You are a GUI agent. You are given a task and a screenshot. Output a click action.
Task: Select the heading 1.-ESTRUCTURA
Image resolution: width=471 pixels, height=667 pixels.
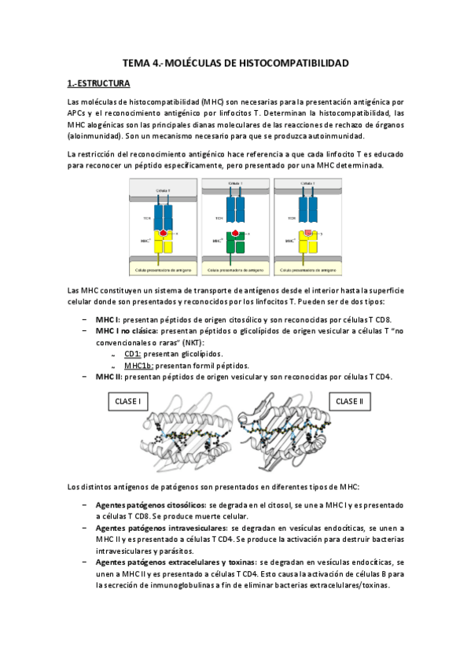click(x=98, y=83)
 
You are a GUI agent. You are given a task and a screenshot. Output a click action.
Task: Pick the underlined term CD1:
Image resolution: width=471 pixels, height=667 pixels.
click(x=134, y=354)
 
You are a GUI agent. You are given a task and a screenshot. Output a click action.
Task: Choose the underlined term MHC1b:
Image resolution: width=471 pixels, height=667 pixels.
click(x=138, y=365)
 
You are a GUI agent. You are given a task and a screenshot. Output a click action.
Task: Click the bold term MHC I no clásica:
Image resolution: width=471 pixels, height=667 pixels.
click(x=120, y=332)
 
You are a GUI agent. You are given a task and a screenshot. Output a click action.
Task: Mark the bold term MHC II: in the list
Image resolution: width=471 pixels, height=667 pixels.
click(x=109, y=377)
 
